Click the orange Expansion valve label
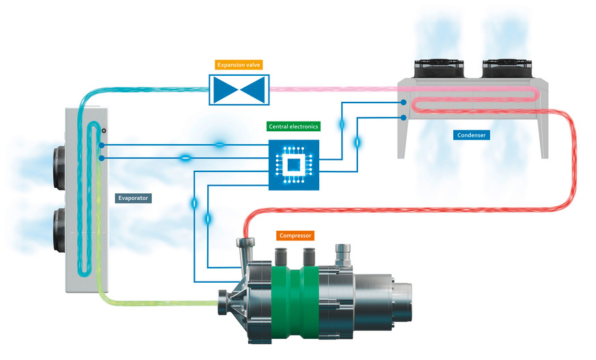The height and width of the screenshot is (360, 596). coord(239,66)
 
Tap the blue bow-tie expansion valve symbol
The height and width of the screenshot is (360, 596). coord(239,89)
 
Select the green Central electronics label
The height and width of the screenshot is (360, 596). coord(293,126)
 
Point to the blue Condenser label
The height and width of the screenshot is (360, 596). coord(472,135)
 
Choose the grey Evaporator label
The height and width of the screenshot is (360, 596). coord(133,198)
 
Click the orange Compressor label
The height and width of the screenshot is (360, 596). coord(295,236)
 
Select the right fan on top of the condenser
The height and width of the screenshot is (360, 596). coord(506,69)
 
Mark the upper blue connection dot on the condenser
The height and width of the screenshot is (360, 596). coord(404,102)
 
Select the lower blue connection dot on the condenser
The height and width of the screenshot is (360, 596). coord(404,118)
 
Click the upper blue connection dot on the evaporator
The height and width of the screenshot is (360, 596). coord(101,146)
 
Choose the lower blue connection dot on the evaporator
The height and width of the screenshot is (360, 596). coord(101,158)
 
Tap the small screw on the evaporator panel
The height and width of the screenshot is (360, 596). coord(103,130)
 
